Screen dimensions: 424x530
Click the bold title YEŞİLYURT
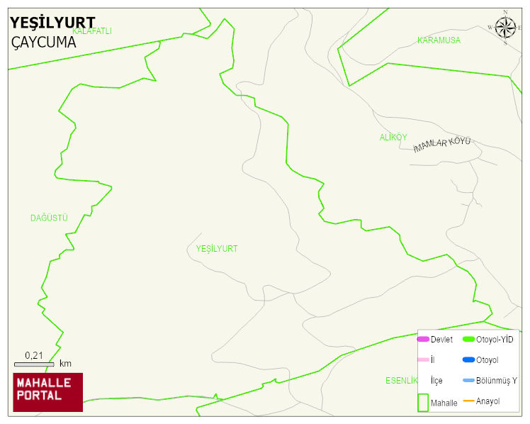52,23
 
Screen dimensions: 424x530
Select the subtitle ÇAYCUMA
43,43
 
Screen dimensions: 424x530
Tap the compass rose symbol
505,28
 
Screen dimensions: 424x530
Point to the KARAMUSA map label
439,40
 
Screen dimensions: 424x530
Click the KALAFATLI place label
93,31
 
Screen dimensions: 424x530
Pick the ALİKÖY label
393,138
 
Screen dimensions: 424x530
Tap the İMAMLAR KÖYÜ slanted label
441,145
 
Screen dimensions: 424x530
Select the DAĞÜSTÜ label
49,218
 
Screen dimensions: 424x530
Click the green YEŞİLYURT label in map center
217,249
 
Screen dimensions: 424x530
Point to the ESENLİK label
401,381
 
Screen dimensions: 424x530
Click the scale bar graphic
34,364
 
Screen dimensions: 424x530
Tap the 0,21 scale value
33,355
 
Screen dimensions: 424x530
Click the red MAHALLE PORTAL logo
47,392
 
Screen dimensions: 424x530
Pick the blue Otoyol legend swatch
468,360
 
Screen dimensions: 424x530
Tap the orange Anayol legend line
468,401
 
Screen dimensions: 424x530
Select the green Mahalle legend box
423,402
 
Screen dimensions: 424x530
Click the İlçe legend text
436,381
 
